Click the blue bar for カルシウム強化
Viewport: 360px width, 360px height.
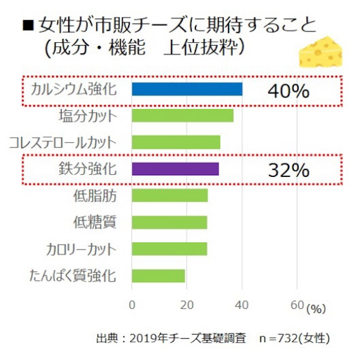(x=187, y=89)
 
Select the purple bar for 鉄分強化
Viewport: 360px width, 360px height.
(x=175, y=169)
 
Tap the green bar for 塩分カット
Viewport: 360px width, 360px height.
(x=182, y=115)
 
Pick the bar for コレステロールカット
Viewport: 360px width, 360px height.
(x=176, y=142)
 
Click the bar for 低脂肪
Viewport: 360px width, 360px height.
(x=169, y=195)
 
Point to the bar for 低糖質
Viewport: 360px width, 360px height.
(x=169, y=222)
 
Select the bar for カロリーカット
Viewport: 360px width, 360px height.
(x=169, y=249)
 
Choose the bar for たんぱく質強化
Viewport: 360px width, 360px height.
(x=158, y=276)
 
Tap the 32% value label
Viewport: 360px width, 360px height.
(x=288, y=170)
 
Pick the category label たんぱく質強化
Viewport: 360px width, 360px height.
(x=74, y=275)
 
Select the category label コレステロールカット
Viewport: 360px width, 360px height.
(x=63, y=142)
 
